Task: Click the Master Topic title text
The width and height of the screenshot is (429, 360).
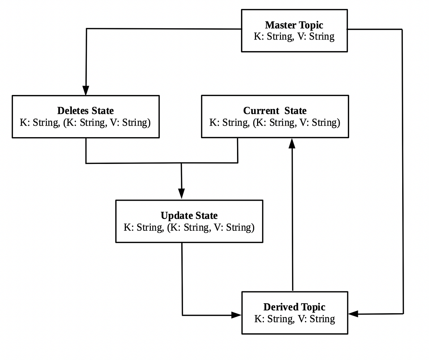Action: (x=294, y=25)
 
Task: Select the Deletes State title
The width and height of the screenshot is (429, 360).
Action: (x=85, y=110)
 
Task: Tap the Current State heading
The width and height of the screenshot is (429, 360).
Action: (x=275, y=110)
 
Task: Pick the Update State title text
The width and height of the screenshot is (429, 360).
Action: (x=189, y=215)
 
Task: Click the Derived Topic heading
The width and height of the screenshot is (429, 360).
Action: (x=294, y=307)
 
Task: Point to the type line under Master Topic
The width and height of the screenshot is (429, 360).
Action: (x=294, y=36)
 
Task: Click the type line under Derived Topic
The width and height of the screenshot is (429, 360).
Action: (x=295, y=319)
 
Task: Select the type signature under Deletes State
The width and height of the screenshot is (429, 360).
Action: (x=85, y=122)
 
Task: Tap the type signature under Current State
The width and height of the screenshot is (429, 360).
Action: (x=275, y=122)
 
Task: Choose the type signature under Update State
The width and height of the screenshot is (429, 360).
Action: (x=189, y=227)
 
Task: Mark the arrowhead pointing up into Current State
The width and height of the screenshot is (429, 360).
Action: (x=292, y=143)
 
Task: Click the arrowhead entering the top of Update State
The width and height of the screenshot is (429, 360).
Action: (x=182, y=194)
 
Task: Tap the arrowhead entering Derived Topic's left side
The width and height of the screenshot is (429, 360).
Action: (x=236, y=315)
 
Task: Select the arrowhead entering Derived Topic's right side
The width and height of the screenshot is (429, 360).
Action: (x=354, y=314)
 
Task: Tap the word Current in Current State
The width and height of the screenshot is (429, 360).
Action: (x=261, y=110)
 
